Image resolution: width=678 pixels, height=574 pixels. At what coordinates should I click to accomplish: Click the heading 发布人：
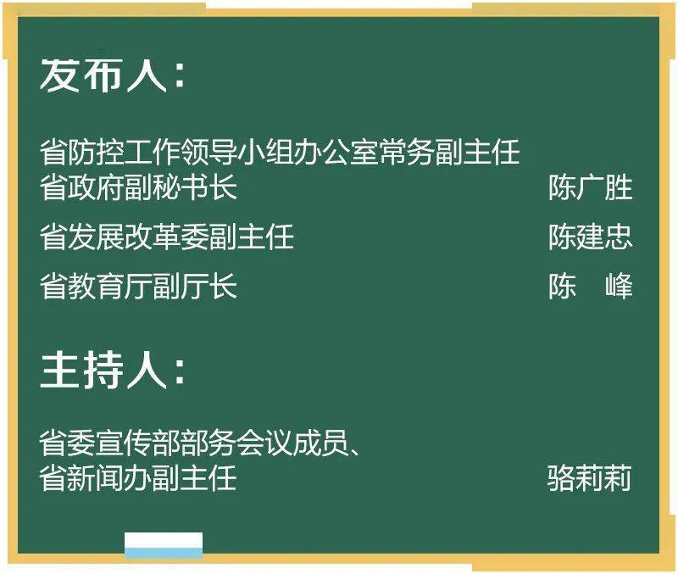[114, 75]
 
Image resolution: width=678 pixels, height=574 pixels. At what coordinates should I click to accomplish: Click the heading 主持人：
[114, 371]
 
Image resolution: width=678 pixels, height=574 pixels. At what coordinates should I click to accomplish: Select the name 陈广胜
[591, 187]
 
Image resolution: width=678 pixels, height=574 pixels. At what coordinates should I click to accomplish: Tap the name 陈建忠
[591, 237]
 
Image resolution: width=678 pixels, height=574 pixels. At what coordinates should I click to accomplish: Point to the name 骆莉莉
[589, 478]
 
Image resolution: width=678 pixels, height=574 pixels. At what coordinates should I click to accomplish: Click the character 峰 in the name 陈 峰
[620, 286]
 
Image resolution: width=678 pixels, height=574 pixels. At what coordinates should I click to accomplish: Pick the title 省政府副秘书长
[138, 187]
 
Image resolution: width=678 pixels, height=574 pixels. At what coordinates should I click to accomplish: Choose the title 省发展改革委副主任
[167, 237]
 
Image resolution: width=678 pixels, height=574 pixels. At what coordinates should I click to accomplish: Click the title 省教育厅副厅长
[138, 286]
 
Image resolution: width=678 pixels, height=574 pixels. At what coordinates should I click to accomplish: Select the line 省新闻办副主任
[138, 478]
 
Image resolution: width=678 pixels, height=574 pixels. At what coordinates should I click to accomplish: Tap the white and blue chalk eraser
[164, 545]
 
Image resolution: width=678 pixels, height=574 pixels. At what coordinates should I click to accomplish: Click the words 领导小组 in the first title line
[237, 153]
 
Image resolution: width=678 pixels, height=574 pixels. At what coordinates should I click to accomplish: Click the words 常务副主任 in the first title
[449, 153]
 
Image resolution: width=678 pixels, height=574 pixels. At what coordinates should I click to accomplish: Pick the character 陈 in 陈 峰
[562, 286]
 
